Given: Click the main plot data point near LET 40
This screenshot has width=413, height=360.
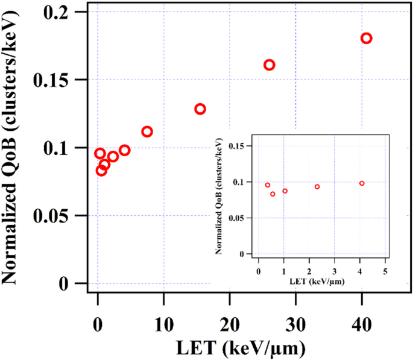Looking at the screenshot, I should tap(366, 39).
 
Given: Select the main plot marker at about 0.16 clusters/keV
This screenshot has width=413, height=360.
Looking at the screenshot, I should tap(270, 65).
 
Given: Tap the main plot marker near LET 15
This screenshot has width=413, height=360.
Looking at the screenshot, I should tap(200, 109).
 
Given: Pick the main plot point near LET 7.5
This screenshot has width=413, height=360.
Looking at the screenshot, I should tap(147, 131).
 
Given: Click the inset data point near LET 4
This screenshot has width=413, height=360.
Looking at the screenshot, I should tap(362, 183).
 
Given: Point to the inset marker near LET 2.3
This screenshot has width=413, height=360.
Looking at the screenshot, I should tap(317, 187).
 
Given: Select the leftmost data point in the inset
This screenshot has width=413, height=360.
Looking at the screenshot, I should tap(268, 185).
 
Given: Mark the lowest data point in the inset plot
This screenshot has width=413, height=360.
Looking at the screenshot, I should tap(273, 194).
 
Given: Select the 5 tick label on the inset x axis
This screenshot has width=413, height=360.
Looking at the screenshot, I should tap(385, 272).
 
